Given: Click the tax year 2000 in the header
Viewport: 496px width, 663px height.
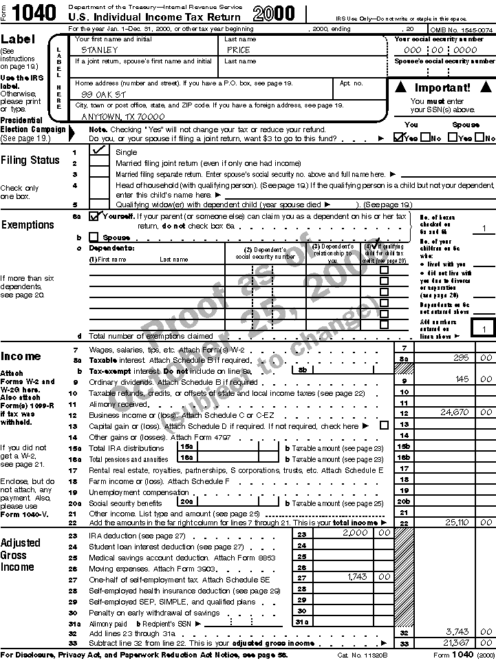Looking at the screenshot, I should click(274, 13).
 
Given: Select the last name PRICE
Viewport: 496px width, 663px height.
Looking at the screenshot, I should click(238, 50).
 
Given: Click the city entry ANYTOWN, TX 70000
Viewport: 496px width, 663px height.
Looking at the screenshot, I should click(123, 116).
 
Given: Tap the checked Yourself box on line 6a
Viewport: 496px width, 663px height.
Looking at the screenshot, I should click(94, 216).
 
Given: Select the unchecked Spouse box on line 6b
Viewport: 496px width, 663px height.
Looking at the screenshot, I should click(94, 237).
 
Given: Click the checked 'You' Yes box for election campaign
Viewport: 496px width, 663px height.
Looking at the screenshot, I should click(398, 137).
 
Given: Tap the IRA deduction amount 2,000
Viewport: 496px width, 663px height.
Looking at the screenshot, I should click(356, 533).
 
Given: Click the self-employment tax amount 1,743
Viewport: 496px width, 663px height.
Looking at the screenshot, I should click(357, 577).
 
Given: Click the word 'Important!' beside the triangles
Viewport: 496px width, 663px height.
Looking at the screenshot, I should click(442, 87).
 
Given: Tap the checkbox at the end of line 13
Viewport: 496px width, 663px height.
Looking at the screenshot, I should click(384, 425).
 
